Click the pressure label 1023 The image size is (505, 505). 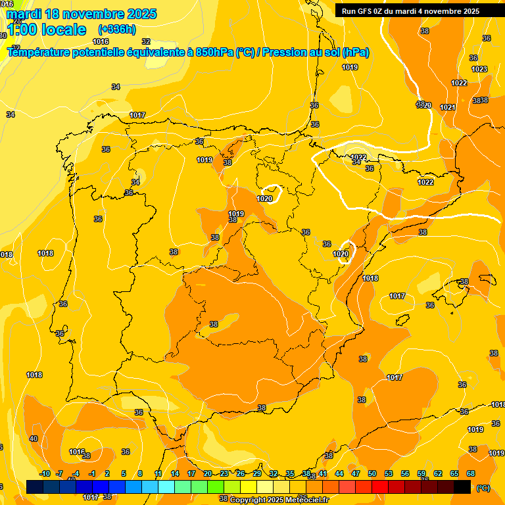point(479,69)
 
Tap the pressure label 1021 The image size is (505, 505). point(448,107)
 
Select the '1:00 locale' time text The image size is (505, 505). point(46,30)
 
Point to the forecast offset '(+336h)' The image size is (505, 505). point(117,30)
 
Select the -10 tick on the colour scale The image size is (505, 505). point(45,473)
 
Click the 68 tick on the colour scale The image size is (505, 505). point(471,473)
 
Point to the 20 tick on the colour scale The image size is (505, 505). point(208,473)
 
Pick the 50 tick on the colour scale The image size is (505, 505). point(372,473)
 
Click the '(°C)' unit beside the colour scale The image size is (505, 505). point(483,488)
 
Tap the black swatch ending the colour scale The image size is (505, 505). point(462,487)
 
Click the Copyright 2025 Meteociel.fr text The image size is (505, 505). point(279,500)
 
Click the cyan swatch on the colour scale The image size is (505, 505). point(166,487)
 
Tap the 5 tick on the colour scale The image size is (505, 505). point(124,473)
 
